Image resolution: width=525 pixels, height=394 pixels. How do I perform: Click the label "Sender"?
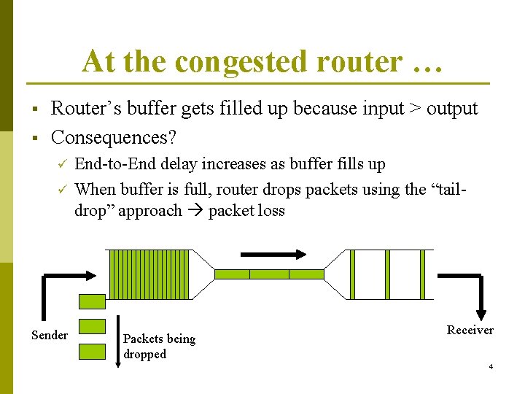(50, 335)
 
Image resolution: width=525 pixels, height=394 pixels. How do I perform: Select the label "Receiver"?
(470, 330)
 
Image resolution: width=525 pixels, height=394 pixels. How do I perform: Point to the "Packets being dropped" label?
(159, 346)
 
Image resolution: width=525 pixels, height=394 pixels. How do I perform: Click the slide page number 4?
(491, 366)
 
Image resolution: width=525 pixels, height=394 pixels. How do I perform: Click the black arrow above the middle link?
(273, 254)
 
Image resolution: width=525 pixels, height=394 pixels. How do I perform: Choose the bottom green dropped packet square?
(92, 350)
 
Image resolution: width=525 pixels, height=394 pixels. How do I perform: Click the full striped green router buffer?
(148, 274)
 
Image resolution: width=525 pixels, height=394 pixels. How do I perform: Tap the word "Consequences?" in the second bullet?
(114, 137)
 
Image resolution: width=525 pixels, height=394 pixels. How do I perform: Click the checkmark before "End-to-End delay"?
(62, 164)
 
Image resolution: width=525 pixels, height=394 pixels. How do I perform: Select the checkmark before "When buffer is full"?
(62, 190)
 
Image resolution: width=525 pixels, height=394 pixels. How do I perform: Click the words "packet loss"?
(246, 211)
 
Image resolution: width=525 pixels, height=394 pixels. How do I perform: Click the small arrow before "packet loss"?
(195, 212)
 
